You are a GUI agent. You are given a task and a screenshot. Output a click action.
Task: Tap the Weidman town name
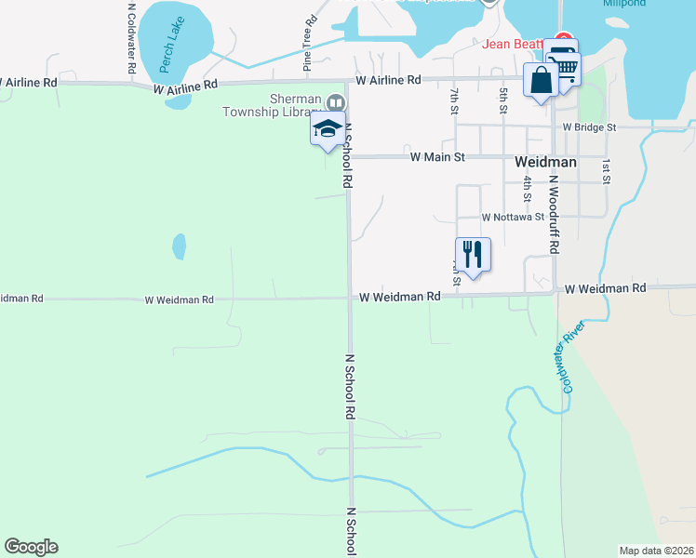coord(545,161)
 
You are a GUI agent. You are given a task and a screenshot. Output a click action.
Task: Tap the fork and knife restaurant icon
coord(473,253)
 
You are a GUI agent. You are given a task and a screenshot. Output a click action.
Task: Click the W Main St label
coord(437,157)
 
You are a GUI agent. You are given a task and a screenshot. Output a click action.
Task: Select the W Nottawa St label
coord(513,217)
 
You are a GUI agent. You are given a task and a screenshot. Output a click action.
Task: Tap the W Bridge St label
coord(590,126)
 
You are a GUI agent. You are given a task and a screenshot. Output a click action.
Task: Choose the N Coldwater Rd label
coord(131,37)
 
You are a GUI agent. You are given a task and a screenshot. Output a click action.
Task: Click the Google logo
coord(31,546)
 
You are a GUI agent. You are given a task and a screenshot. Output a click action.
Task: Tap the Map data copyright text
coord(656,551)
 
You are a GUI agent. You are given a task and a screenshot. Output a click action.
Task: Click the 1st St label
coord(606,170)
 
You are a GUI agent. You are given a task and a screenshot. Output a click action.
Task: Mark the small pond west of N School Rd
coord(179,246)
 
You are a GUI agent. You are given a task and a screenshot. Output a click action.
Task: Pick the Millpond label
coord(623,4)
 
